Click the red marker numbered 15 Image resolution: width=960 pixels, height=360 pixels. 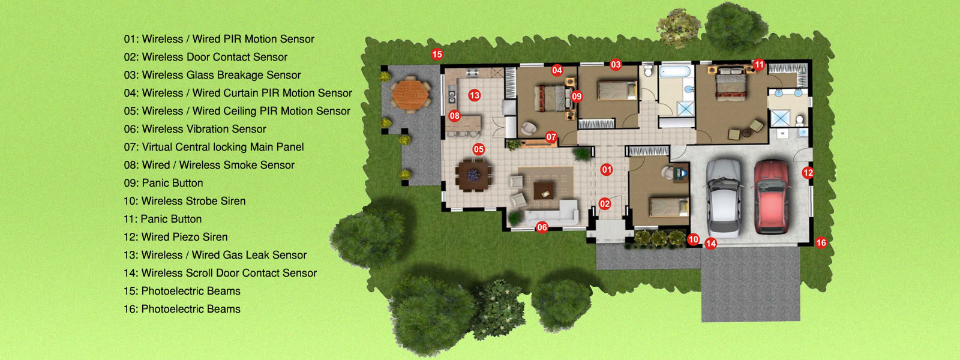437,55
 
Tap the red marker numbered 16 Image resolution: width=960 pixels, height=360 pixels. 821,243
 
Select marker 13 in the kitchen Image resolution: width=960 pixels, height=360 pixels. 475,95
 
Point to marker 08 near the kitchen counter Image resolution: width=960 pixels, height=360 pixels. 454,116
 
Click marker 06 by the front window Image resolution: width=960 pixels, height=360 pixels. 542,227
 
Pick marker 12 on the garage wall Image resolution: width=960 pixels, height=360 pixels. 808,173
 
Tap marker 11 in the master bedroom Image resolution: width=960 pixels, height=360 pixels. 758,65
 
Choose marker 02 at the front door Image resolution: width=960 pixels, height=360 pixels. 605,203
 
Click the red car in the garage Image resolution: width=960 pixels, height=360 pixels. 772,197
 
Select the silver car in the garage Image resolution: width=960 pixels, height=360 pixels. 724,198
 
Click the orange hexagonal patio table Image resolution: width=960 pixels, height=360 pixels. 410,95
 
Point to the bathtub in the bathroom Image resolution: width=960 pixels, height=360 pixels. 675,71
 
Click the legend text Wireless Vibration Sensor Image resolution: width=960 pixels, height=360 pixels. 204,129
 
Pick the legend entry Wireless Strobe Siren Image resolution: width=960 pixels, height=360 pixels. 194,201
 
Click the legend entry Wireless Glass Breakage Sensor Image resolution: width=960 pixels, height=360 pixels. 221,75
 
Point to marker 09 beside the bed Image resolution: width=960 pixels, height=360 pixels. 577,97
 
